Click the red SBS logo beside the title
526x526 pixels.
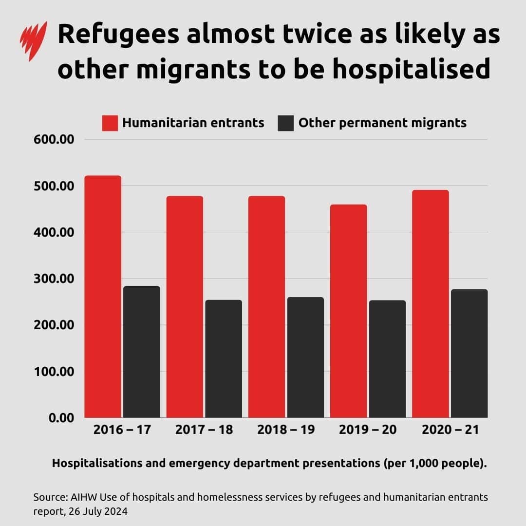[34, 41]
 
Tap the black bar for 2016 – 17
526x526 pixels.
[141, 351]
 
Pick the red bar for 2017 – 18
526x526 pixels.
[185, 306]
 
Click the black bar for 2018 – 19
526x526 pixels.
[305, 357]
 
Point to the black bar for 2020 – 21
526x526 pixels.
[469, 353]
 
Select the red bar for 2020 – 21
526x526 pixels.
[430, 303]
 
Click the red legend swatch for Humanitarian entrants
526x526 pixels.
[110, 123]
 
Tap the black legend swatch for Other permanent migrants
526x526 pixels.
[286, 123]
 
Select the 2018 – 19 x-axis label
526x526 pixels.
[286, 430]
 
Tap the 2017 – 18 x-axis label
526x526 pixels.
[204, 430]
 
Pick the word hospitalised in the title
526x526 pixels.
[411, 70]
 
